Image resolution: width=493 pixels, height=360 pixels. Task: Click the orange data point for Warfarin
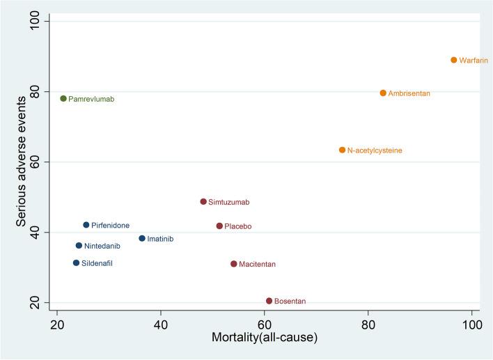click(x=453, y=60)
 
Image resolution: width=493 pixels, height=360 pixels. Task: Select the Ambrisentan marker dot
click(x=383, y=93)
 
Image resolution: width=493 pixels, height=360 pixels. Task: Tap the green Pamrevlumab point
click(x=63, y=98)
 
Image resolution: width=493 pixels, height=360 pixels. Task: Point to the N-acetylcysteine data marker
click(x=342, y=150)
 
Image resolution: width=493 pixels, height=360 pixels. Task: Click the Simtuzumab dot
click(x=203, y=201)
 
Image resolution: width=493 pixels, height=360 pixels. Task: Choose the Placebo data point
click(x=219, y=226)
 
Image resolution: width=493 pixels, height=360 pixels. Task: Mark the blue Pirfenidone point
click(x=86, y=225)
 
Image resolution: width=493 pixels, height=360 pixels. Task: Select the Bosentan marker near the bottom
click(x=269, y=301)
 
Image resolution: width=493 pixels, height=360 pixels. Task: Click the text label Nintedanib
click(x=102, y=246)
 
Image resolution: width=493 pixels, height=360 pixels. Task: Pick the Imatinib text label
click(x=160, y=239)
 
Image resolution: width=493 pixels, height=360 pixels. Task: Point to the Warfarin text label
click(x=474, y=61)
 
